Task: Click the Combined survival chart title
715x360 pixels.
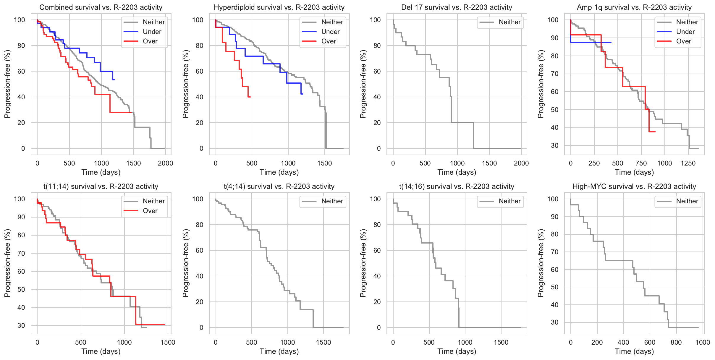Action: [x=101, y=7]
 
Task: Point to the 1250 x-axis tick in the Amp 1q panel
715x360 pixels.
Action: [x=688, y=163]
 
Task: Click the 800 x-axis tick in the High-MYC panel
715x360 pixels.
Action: [x=676, y=342]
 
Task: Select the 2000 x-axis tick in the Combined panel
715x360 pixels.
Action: [x=165, y=163]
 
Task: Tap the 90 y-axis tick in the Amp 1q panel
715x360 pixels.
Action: [x=554, y=38]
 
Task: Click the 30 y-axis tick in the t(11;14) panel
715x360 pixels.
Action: [x=21, y=325]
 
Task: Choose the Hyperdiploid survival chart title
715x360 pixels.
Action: [x=279, y=7]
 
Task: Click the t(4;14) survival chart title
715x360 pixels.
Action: [x=279, y=187]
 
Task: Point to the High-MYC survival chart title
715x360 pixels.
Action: [x=634, y=187]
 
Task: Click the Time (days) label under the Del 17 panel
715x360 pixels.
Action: [x=457, y=172]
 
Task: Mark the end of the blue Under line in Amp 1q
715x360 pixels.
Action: [x=611, y=42]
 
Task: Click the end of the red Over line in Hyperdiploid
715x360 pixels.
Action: [x=250, y=97]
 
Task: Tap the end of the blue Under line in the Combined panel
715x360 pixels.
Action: [x=114, y=80]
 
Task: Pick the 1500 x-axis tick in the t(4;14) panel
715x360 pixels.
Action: [x=323, y=342]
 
